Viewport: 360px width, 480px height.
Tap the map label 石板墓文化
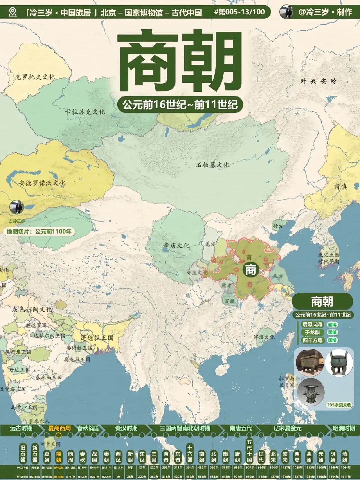212,165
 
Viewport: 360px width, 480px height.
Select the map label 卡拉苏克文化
85,111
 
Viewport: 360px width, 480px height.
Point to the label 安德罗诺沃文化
42,183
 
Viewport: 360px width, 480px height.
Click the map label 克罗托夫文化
35,77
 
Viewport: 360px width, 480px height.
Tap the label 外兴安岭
318,81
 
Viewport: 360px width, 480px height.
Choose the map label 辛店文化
176,246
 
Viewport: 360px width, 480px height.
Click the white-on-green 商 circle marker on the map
250,270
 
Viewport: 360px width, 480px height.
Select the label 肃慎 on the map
341,186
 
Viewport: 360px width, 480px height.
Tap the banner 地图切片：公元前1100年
39,231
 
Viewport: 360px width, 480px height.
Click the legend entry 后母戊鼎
312,324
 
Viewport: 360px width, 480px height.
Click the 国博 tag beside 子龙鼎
332,332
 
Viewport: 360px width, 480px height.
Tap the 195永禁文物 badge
339,405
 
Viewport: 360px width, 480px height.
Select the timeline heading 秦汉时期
126,428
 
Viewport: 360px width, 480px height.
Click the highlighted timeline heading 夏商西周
59,428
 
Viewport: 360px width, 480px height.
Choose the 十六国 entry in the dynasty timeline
189,452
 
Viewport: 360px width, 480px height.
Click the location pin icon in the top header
13,12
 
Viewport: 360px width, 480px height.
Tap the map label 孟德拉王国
97,338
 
